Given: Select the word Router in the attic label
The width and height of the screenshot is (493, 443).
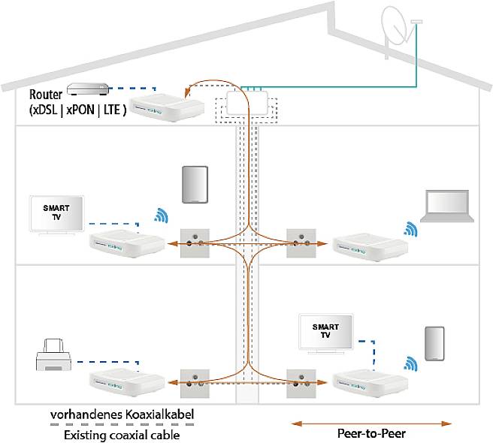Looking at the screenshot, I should coord(46,95).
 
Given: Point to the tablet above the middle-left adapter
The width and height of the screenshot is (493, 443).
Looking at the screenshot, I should coord(194,185).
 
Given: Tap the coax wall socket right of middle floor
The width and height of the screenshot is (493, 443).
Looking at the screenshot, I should coord(299,243).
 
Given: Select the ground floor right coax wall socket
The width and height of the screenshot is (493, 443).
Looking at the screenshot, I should coord(299,381).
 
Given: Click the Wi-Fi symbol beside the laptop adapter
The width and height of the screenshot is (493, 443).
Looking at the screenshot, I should coord(409,228).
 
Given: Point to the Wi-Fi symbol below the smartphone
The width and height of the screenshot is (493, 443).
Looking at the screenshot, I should coord(410,366).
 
